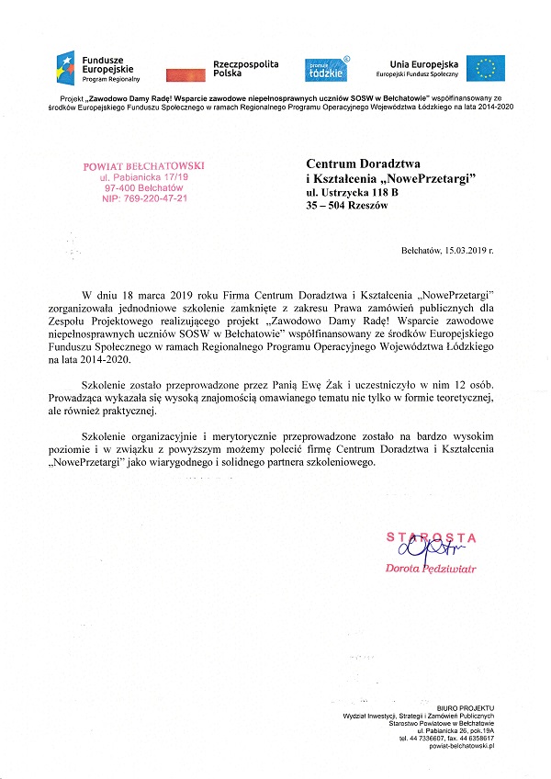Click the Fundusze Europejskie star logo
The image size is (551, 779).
[68, 67]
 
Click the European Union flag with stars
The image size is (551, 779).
[485, 67]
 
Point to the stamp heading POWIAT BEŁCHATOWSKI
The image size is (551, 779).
[143, 165]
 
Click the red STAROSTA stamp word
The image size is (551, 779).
[431, 536]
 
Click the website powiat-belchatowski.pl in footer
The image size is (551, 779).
[458, 746]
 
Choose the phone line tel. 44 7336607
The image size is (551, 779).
[423, 738]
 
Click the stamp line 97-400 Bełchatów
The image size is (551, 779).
[143, 187]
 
